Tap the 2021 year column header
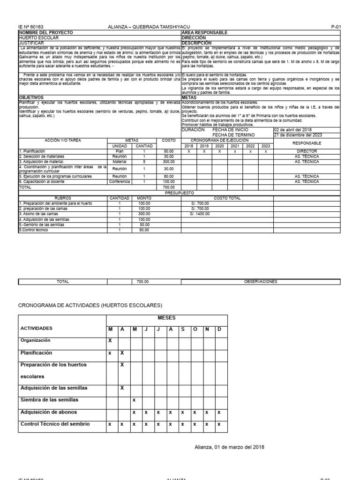(235, 146)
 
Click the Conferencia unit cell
(120, 181)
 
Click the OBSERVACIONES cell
(261, 282)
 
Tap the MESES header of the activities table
(166, 318)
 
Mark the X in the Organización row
(110, 341)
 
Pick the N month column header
(207, 329)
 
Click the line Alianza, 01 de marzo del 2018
(229, 447)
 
